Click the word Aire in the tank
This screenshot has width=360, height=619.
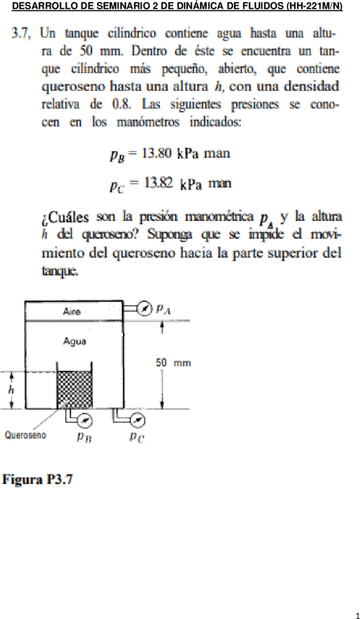pos(72,311)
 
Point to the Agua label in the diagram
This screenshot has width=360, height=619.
pos(73,340)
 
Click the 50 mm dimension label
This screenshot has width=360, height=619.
pos(173,363)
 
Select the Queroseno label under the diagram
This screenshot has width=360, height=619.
pos(25,436)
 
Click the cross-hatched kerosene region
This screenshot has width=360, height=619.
pos(75,389)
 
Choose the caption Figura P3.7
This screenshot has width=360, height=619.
pos(38,480)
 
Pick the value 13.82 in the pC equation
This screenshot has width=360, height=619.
pos(157,183)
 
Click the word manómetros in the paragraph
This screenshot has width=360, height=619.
pos(150,122)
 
